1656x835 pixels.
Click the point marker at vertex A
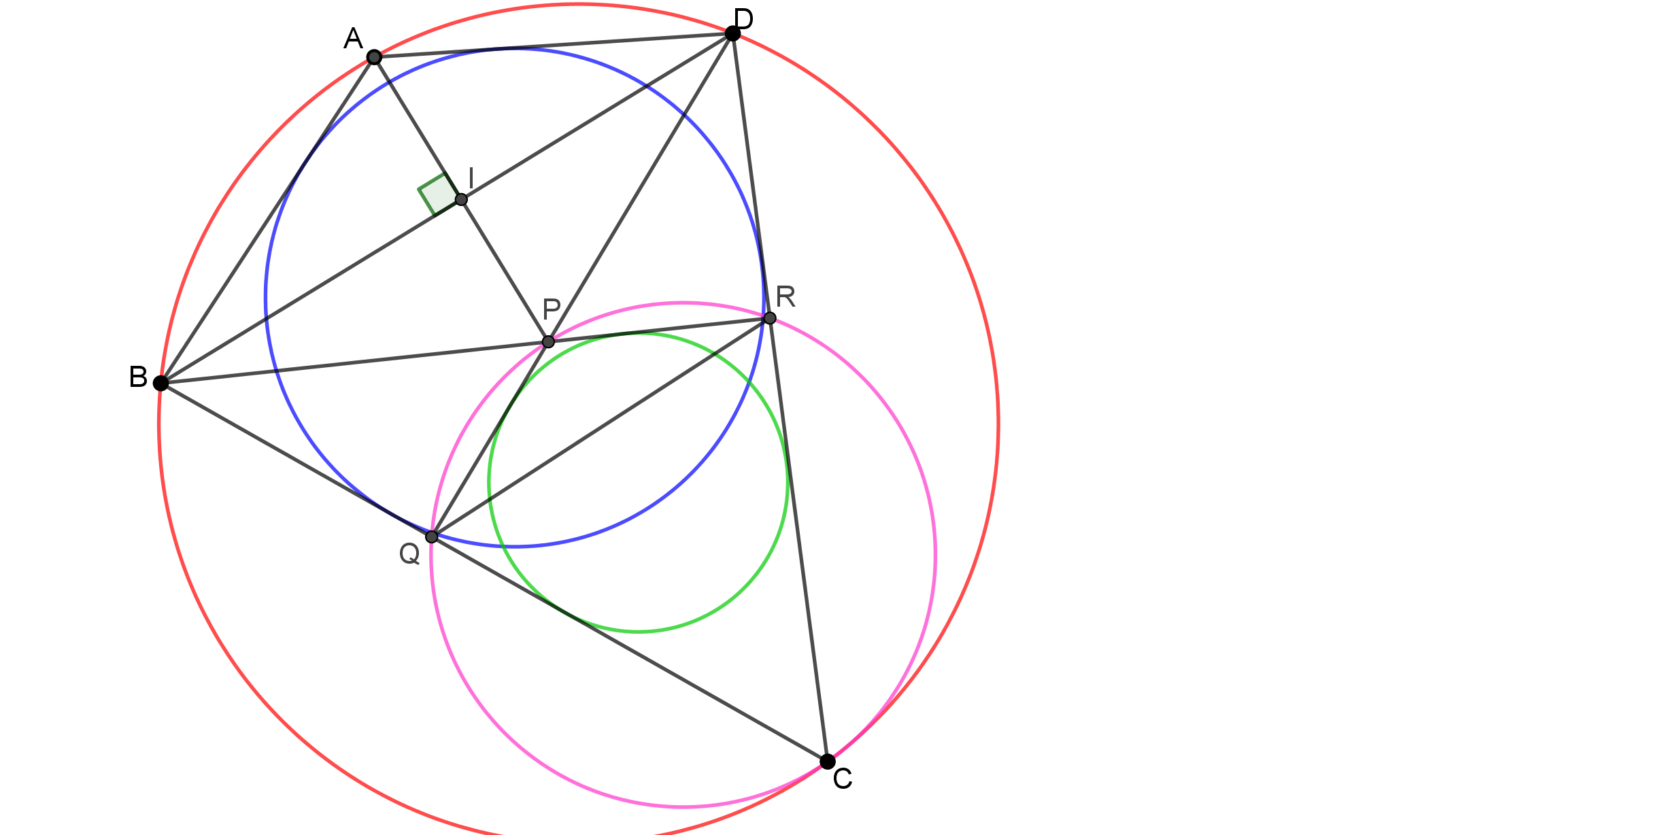[374, 57]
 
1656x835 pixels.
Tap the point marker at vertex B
[160, 383]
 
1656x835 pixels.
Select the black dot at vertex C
[827, 762]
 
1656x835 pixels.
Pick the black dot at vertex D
[732, 33]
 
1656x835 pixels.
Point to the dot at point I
[461, 199]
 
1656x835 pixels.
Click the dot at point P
[548, 341]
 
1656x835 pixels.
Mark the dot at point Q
[432, 536]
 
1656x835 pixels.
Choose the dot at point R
[769, 318]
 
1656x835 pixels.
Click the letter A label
[353, 39]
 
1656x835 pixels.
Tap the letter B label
[138, 377]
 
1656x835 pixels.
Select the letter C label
[843, 779]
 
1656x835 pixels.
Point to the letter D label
[744, 19]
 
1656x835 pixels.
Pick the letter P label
[552, 309]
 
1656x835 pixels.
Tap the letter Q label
[409, 554]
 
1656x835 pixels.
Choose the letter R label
[785, 296]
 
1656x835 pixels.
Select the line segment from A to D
[553, 46]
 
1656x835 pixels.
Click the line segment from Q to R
[601, 428]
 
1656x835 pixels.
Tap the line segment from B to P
[354, 362]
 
